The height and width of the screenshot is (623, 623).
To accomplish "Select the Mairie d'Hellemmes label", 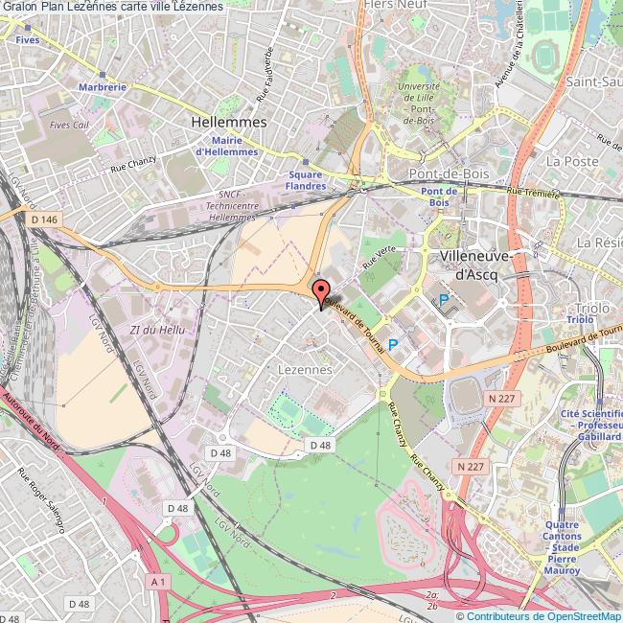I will pos(226,145).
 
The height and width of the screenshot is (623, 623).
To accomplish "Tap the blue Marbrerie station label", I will pos(104,86).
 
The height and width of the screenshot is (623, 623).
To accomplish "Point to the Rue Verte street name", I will pos(379,254).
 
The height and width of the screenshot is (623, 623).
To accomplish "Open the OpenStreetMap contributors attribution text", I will pos(538,615).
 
